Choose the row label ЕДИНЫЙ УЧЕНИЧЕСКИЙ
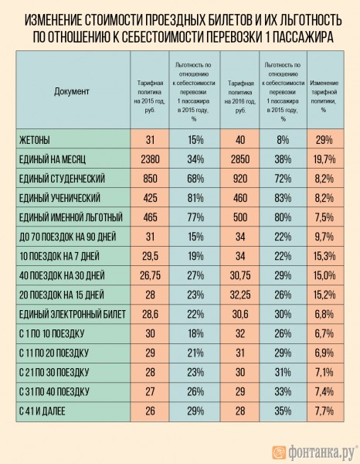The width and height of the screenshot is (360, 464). (67, 198)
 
